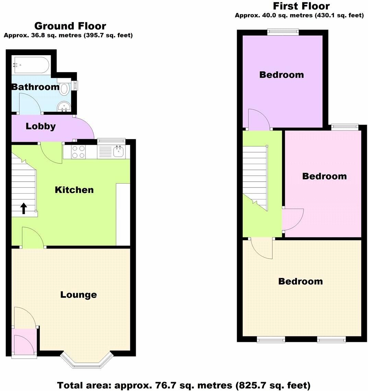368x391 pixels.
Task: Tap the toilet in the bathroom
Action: pyautogui.click(x=64, y=88)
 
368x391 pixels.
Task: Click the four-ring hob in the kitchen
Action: pyautogui.click(x=79, y=152)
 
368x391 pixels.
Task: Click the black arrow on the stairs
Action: pyautogui.click(x=24, y=208)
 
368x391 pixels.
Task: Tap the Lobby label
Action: pyautogui.click(x=40, y=126)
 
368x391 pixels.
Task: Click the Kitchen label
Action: pyautogui.click(x=74, y=190)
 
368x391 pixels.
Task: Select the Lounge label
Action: pyautogui.click(x=79, y=295)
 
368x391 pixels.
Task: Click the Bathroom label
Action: pyautogui.click(x=35, y=87)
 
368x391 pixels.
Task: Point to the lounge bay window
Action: pyautogui.click(x=86, y=360)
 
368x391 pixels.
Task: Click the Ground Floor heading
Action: pyautogui.click(x=70, y=26)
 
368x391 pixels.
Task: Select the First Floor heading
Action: pyautogui.click(x=301, y=6)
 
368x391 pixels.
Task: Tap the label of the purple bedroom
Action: pyautogui.click(x=281, y=74)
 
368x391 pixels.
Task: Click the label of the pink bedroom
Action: pyautogui.click(x=324, y=176)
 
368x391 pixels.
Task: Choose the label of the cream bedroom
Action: pyautogui.click(x=300, y=281)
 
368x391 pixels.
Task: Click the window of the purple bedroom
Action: pyautogui.click(x=283, y=32)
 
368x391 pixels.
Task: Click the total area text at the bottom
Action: pyautogui.click(x=184, y=385)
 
